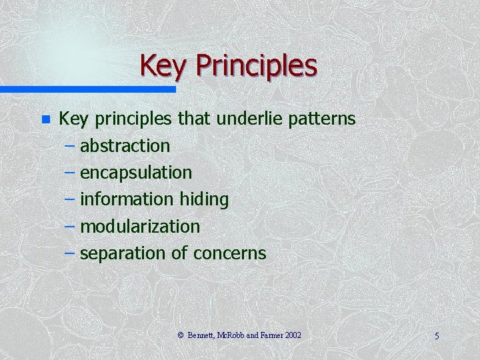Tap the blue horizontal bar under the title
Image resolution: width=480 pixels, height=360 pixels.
87,89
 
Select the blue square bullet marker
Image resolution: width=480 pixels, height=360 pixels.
45,120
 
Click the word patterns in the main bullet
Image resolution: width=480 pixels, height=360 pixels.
322,119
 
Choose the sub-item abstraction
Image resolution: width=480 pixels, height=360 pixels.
125,145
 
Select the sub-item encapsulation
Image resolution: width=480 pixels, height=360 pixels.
136,173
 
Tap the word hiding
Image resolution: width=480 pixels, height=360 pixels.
204,199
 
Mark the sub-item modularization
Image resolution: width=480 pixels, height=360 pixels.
140,227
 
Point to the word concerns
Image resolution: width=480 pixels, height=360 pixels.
229,253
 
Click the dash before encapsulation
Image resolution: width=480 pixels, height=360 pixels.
71,173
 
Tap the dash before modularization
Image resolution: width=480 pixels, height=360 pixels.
71,227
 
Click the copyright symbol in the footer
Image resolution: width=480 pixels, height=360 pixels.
181,335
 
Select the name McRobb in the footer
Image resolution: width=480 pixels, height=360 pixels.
230,335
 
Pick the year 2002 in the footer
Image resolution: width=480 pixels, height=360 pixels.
293,335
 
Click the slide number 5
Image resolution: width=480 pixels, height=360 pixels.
437,336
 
